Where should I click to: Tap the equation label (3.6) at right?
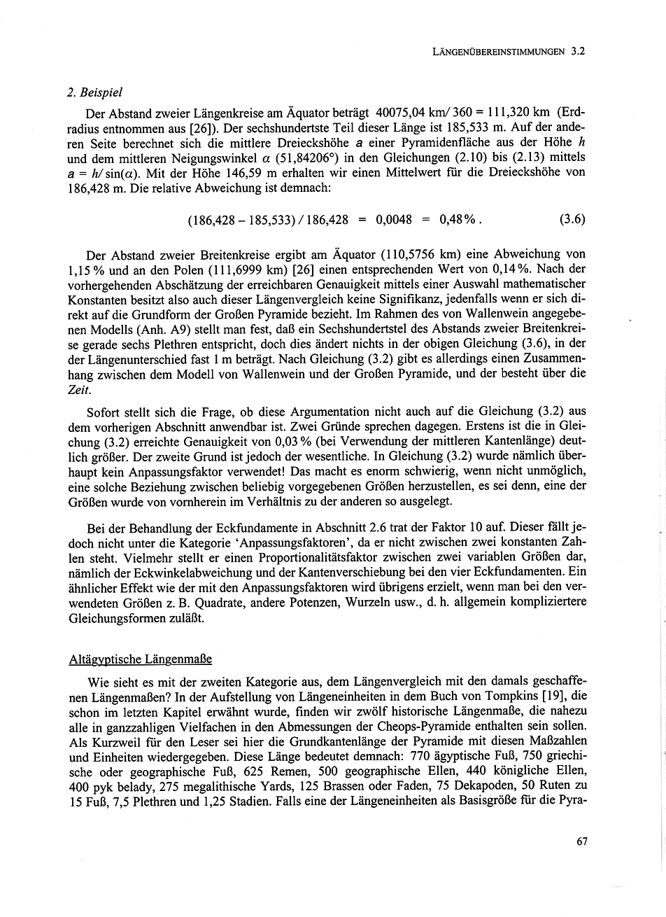coord(572,219)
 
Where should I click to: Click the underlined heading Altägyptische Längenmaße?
coord(140,659)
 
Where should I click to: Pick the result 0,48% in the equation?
coord(458,219)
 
